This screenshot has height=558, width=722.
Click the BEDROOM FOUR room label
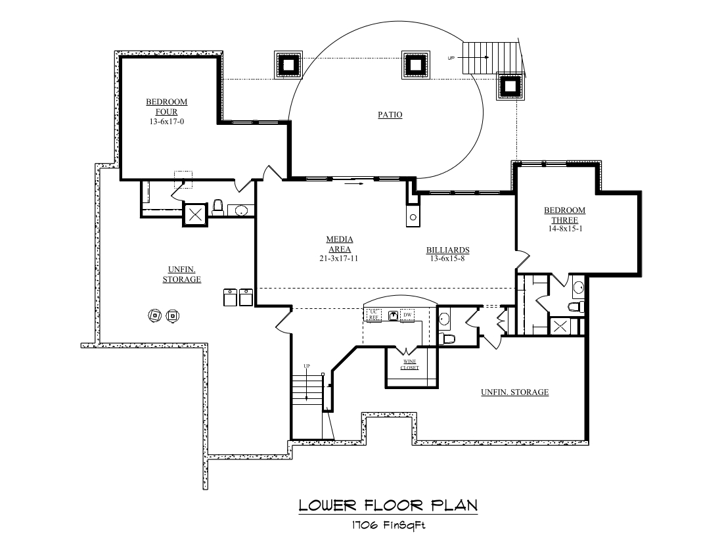(x=166, y=107)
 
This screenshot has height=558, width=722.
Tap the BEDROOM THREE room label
(x=564, y=215)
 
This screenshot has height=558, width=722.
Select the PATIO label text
(x=390, y=115)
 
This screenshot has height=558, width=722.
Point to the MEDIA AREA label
(x=340, y=244)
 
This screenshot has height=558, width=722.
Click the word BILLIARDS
(x=447, y=250)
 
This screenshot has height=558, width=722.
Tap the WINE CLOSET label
(x=409, y=365)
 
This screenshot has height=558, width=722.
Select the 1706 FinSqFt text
(x=388, y=525)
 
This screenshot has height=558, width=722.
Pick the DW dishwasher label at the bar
(x=407, y=315)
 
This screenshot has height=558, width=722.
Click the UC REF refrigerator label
(x=374, y=314)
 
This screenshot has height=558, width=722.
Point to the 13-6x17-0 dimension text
(x=166, y=122)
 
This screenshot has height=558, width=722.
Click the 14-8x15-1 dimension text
(x=564, y=230)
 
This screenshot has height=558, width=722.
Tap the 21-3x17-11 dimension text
(x=340, y=258)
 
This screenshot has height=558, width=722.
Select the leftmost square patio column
(x=288, y=64)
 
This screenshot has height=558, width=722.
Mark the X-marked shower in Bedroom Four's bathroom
(x=195, y=214)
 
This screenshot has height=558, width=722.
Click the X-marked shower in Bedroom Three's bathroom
(x=560, y=327)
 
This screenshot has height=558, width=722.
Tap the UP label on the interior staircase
(x=306, y=366)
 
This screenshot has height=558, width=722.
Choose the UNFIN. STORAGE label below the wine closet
(x=514, y=392)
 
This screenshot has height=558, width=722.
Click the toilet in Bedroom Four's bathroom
(x=219, y=208)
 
